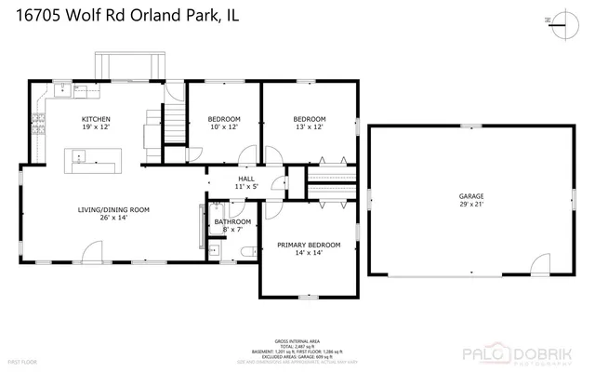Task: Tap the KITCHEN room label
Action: point(96,119)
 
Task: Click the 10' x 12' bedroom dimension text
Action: point(223,127)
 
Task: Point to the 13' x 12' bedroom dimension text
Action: point(310,127)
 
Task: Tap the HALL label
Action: point(246,179)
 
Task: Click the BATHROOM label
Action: point(232,221)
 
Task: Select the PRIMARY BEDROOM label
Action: point(309,245)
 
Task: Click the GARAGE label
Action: point(471,196)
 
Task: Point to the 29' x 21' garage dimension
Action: point(471,205)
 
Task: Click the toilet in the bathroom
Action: point(245,250)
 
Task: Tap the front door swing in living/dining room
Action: point(93,252)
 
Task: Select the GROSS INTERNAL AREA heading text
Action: point(298,341)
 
